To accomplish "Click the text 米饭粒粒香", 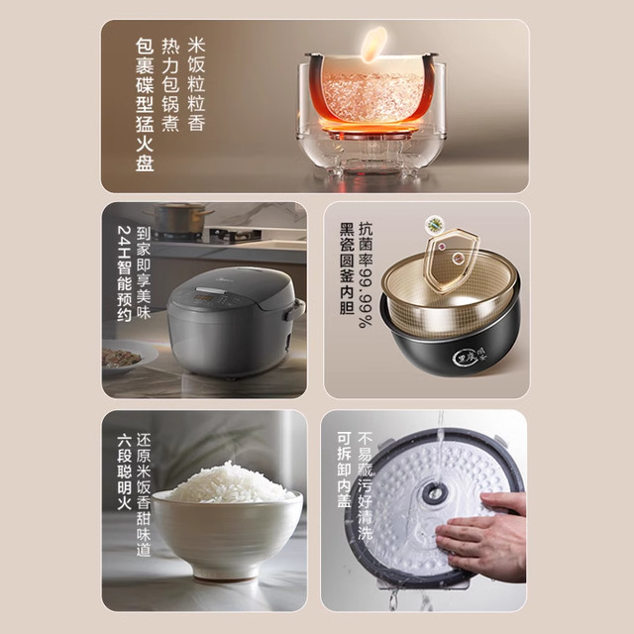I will (196, 82).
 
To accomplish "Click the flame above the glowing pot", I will (373, 45).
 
